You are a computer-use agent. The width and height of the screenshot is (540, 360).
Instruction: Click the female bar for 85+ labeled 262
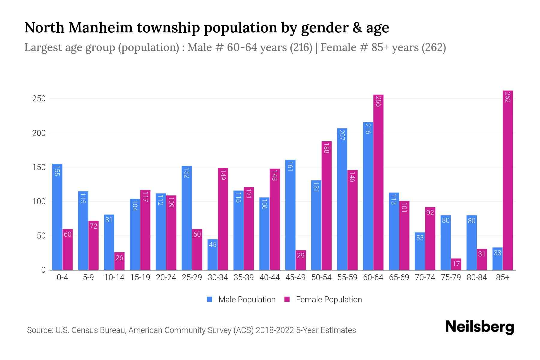coord(508,180)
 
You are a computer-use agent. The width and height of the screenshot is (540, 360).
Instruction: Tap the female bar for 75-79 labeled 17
coord(456,264)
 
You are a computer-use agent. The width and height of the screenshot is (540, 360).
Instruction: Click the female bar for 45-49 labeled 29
coord(301,260)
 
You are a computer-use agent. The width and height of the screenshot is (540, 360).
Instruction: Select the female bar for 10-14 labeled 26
coord(119,261)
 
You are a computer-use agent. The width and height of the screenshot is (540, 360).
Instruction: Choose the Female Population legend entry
coord(323,300)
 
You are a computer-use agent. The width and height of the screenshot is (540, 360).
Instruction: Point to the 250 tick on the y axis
coord(39,99)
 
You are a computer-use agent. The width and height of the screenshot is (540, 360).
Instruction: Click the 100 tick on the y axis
coord(39,202)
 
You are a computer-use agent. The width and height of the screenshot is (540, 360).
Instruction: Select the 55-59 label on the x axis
coord(347,277)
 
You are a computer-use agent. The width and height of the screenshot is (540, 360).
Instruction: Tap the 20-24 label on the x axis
coord(166,277)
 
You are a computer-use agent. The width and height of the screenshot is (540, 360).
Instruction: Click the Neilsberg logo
coord(479,327)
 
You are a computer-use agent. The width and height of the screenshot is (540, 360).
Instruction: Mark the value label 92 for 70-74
coord(430,212)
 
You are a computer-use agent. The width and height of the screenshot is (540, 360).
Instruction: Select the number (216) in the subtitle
coord(301,47)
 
